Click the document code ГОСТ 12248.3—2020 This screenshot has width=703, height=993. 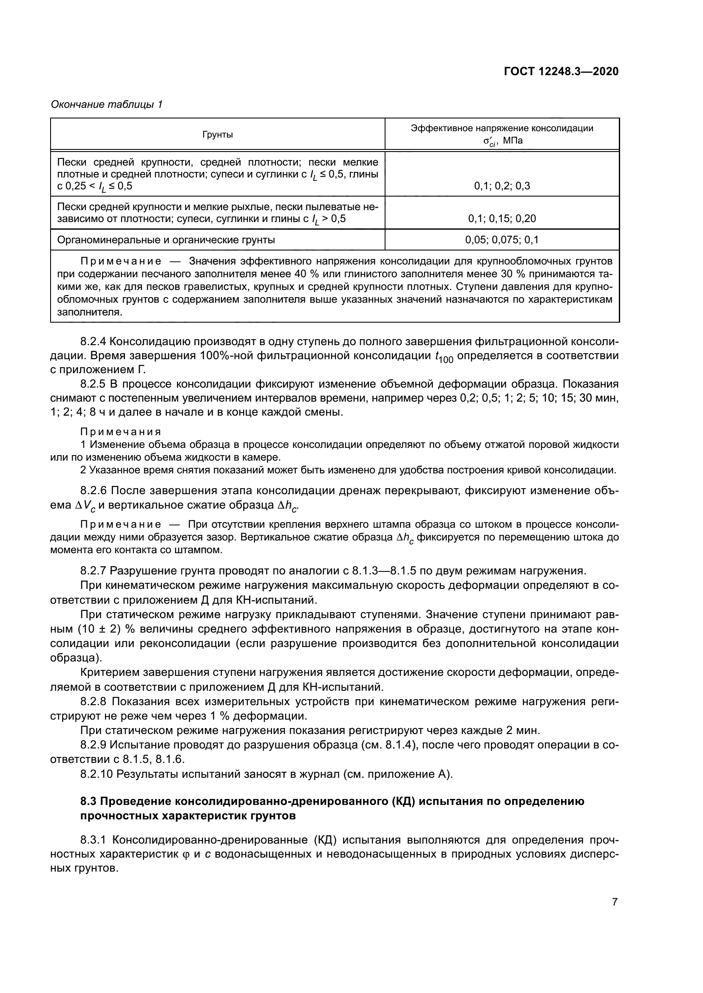pos(561,71)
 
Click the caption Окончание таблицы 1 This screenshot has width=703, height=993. pos(107,104)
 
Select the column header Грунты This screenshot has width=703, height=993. pos(218,135)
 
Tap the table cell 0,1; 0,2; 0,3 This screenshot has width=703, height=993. pos(502,186)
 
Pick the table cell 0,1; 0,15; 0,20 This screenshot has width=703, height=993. pos(502,218)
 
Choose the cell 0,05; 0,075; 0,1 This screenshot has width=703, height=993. pos(502,239)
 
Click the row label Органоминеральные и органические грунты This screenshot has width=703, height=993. pos(166,239)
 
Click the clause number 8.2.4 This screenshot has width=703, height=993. pos(93,342)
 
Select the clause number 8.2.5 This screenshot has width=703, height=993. pos(93,384)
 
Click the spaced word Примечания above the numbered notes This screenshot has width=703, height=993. pos(121,432)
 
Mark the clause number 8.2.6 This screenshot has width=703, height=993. pos(93,490)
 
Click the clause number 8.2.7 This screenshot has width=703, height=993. pos(93,571)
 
